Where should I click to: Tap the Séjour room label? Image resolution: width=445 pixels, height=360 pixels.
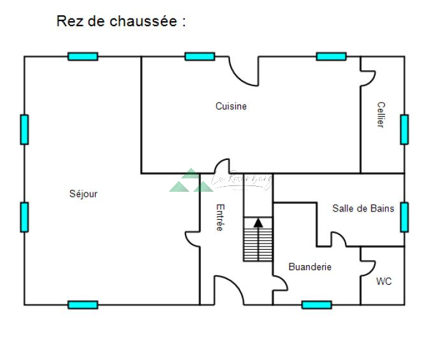click(84, 194)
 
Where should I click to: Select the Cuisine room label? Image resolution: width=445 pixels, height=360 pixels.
click(231, 106)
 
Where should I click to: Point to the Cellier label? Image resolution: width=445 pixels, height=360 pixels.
click(381, 115)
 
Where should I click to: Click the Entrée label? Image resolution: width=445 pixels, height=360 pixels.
click(220, 217)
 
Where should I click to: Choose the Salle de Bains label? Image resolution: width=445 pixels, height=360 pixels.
click(363, 208)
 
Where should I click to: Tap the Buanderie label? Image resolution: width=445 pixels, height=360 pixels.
click(310, 267)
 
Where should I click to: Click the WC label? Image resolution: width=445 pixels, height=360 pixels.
click(384, 281)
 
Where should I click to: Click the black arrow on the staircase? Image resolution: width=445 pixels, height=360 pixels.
click(258, 223)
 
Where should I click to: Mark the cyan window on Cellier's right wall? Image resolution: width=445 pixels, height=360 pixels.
click(404, 129)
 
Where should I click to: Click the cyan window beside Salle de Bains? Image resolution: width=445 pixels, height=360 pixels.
click(404, 217)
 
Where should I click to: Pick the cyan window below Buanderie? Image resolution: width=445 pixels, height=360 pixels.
click(316, 305)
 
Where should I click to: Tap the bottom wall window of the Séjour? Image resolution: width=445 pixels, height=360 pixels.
click(83, 305)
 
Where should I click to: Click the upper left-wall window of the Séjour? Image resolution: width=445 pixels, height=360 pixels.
click(24, 129)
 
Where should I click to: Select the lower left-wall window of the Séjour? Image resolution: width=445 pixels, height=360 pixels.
click(24, 217)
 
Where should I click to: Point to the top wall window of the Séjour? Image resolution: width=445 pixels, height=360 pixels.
click(83, 56)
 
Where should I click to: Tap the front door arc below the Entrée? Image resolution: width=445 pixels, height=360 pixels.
click(230, 291)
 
